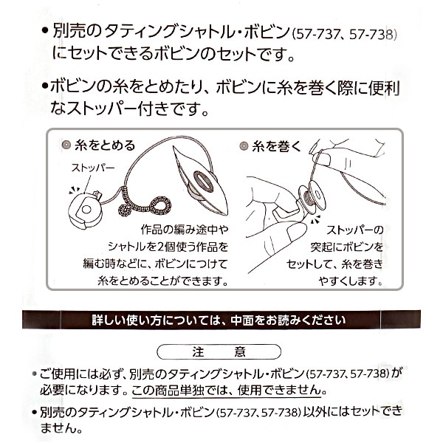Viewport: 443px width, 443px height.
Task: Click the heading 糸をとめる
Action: pos(105,145)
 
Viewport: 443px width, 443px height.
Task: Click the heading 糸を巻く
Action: pos(277,146)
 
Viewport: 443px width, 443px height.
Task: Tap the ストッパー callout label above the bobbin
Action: pos(93,168)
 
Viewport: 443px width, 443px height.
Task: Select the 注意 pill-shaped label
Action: pos(219,351)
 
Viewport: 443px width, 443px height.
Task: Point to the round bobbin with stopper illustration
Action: pos(84,210)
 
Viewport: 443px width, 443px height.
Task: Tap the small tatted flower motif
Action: pos(124,210)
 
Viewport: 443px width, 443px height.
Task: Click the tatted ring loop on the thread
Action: pos(161,205)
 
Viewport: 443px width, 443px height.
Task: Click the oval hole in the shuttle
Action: pos(204,181)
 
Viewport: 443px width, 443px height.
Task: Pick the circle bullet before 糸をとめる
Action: pos(66,145)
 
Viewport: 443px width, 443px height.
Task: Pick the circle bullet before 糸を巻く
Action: pos(244,145)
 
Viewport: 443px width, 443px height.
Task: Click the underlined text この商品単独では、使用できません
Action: pos(227,391)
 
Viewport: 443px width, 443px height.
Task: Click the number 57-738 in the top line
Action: pos(373,35)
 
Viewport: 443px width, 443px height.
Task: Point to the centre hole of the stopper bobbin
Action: pos(86,210)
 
